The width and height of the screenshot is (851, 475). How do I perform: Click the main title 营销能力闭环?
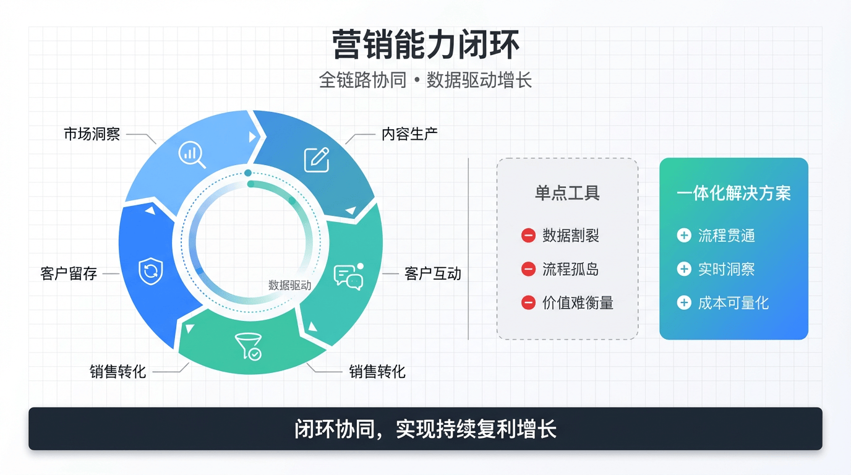pos(426,45)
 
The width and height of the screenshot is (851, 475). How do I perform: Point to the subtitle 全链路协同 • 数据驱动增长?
pos(425,80)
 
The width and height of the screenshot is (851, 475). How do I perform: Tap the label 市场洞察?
pos(92,134)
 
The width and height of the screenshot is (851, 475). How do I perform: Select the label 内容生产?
pos(409,134)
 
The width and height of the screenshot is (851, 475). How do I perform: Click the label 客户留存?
pos(69,273)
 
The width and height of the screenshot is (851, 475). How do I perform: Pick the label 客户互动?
pos(433,273)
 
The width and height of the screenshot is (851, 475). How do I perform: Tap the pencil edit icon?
pos(317,160)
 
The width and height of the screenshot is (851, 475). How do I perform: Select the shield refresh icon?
pos(151,271)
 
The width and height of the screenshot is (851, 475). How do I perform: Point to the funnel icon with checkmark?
pos(249,346)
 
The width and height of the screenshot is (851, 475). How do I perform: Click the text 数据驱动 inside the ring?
pos(290,285)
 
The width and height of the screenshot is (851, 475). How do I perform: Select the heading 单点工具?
pos(568,193)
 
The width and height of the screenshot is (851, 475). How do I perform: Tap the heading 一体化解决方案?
pos(733,193)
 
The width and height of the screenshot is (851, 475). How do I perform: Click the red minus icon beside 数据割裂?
pos(528,236)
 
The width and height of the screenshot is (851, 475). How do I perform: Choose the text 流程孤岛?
pos(571,270)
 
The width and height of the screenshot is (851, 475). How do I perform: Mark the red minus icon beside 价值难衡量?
pos(528,303)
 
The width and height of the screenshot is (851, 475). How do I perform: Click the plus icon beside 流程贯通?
pos(684,236)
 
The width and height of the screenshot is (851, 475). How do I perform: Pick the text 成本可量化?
pos(733,303)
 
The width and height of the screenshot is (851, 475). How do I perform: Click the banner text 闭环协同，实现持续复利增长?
pos(426,429)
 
